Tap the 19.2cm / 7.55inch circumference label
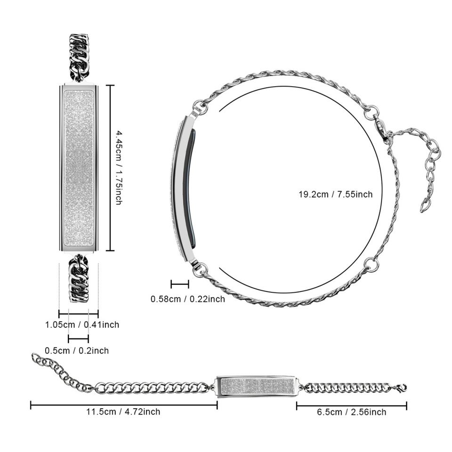coord(335,194)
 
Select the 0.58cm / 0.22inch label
coord(187,299)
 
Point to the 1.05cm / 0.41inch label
coord(82,324)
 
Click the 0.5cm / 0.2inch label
coord(77,350)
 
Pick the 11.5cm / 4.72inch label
coord(123,412)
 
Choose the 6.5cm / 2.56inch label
coord(351,412)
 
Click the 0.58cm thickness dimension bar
coord(180,284)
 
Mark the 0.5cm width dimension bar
coord(78,339)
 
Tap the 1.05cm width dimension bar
coord(78,313)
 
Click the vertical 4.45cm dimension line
coord(110,168)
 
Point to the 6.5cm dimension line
coord(351,404)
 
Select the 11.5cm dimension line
coord(123,404)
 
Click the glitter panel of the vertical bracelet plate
coord(79,168)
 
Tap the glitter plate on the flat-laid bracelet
coord(257,386)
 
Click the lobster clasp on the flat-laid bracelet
coord(401,388)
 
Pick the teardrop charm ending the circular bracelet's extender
coord(426,205)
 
